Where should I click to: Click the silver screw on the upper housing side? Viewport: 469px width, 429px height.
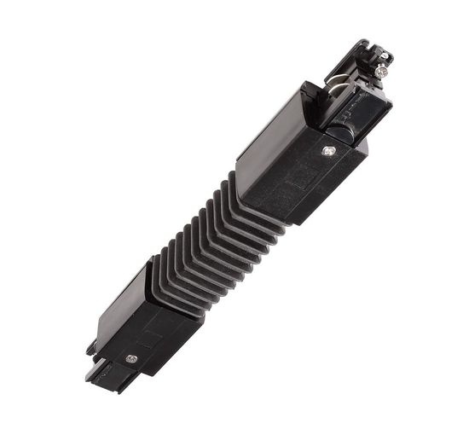pos(329,151)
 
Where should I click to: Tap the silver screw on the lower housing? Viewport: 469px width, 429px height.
pos(131,359)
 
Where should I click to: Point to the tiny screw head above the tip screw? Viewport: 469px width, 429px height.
pos(385,56)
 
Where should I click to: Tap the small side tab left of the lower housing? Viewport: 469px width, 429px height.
pos(90,348)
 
